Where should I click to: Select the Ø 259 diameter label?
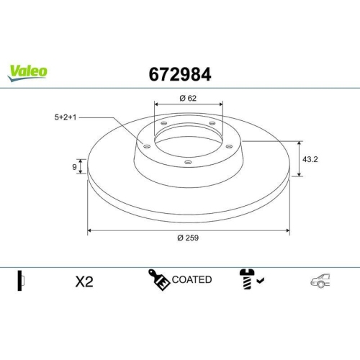(x=188, y=239)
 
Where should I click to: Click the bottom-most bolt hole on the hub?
(x=188, y=163)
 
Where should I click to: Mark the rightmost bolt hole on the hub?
(x=230, y=146)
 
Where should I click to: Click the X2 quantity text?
(x=84, y=281)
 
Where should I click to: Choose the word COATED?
(x=192, y=279)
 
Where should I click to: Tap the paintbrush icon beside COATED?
(x=158, y=279)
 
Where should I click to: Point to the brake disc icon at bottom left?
(x=22, y=281)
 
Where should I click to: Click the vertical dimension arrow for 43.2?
(x=299, y=158)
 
